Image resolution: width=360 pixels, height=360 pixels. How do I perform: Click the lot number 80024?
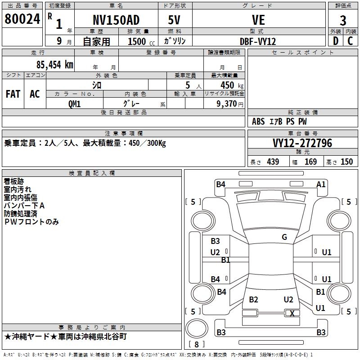pos(22,19)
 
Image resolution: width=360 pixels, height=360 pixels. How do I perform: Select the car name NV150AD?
pos(116,20)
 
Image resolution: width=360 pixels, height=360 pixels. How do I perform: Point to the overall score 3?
pos(343,20)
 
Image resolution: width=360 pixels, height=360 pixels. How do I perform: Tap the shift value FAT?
pos(13,94)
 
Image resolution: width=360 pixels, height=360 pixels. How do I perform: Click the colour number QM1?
pos(74,104)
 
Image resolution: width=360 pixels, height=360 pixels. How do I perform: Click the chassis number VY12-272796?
pos(302,143)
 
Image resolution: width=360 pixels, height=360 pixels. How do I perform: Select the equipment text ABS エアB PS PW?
pos(279,121)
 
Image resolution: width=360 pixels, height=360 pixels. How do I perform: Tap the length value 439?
pos(273,162)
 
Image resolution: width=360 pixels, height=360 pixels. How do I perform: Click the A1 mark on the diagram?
pos(321,184)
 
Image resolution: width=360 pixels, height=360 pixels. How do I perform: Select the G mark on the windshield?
pos(284,237)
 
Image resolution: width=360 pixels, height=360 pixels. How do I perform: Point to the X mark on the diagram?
pos(292,314)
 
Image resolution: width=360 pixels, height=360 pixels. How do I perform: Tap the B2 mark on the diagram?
pos(253,300)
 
